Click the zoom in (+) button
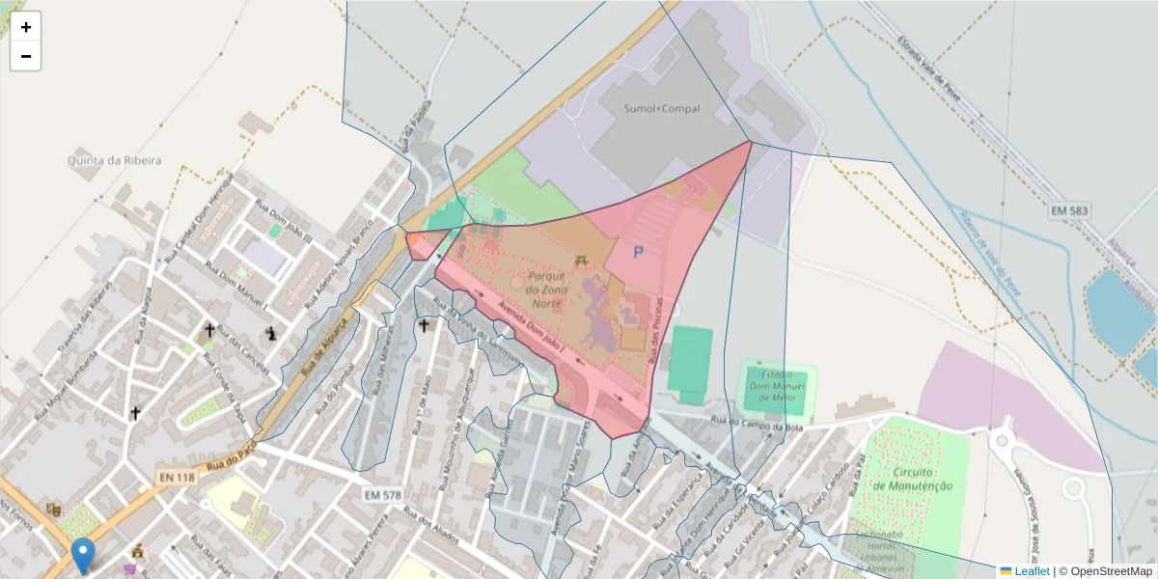click(x=26, y=27)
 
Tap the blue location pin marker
click(x=84, y=555)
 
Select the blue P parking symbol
click(x=637, y=253)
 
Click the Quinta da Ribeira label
click(x=114, y=160)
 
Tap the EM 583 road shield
click(x=1067, y=209)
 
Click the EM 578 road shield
click(x=383, y=495)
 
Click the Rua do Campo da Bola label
click(x=757, y=420)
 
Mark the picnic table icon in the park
click(x=581, y=261)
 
